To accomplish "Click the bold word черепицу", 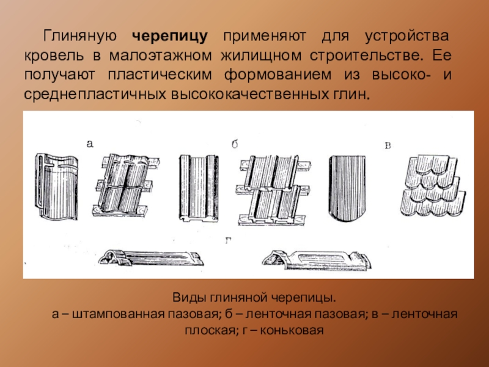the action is (x=170, y=37).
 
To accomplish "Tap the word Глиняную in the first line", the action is (x=80, y=37).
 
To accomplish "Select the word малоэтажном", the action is (x=161, y=56).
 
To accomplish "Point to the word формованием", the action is (x=278, y=75).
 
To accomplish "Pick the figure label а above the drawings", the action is (x=90, y=144).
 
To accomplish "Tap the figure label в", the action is (x=388, y=146).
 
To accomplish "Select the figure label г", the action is (x=228, y=240).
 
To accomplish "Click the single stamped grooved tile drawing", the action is (x=56, y=187).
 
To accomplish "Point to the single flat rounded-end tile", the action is (x=347, y=188).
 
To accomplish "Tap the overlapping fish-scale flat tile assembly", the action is (x=433, y=186).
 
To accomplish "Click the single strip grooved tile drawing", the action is (x=198, y=188).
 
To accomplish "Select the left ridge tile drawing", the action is (x=151, y=257).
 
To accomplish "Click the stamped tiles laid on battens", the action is (x=126, y=185).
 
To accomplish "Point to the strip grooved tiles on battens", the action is (x=274, y=190).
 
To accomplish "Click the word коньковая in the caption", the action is (x=292, y=330).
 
